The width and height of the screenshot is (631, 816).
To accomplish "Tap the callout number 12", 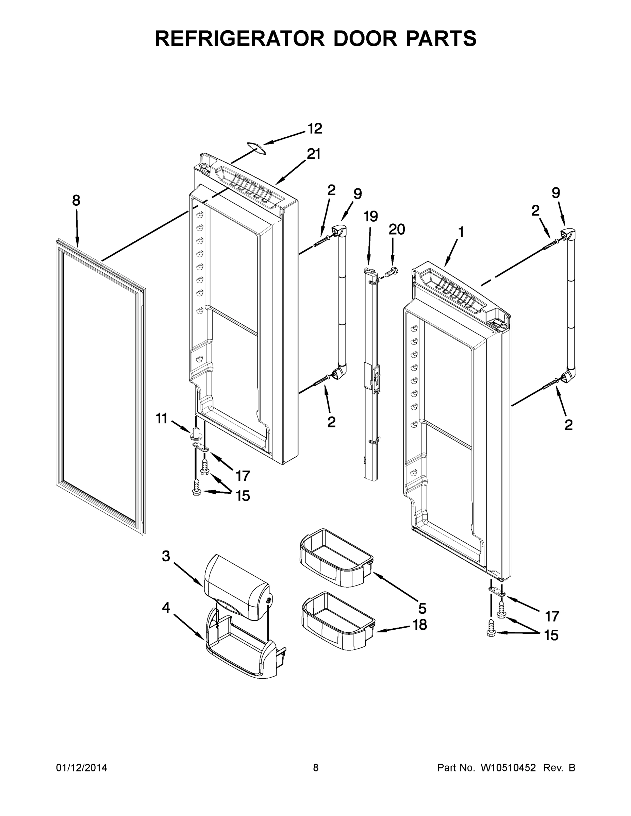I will point(314,129).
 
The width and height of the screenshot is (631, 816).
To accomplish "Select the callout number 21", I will point(314,154).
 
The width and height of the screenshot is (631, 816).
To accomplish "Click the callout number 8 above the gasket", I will point(76,201).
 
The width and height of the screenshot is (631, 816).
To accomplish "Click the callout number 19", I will point(371,216).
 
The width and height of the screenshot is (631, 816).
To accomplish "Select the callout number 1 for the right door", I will point(461,233).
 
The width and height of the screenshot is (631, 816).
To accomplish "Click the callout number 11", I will point(162,419).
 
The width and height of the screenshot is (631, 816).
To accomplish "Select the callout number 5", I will point(422,609).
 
